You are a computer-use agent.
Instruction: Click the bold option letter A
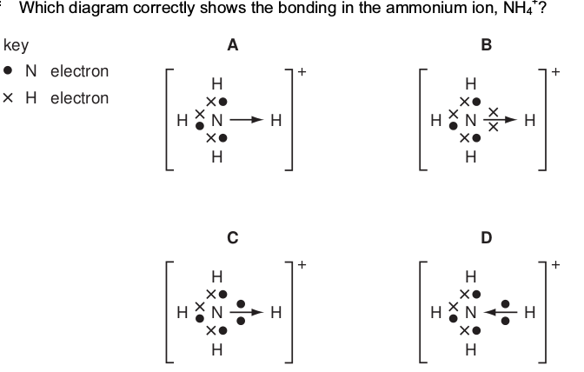[x=233, y=45]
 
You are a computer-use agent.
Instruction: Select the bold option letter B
[x=487, y=45]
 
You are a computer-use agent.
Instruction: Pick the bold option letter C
[x=233, y=237]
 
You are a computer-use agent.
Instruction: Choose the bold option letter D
[x=487, y=237]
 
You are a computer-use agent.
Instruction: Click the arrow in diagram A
[x=247, y=120]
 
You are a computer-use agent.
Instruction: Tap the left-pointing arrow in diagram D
[x=501, y=312]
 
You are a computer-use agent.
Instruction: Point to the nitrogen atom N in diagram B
[x=471, y=120]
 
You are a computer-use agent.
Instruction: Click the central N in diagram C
[x=217, y=312]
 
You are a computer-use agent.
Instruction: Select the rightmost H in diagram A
[x=276, y=120]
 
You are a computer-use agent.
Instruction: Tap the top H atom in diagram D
[x=471, y=276]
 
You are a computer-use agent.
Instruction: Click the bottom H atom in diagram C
[x=217, y=349]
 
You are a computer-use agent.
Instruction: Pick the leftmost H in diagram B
[x=435, y=120]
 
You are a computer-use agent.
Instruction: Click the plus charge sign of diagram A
[x=302, y=71]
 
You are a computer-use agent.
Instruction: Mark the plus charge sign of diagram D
[x=555, y=265]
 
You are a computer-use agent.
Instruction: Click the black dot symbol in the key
[x=8, y=70]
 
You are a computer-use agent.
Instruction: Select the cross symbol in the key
[x=8, y=98]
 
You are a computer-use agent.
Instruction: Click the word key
[x=16, y=45]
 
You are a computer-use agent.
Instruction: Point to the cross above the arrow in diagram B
[x=493, y=112]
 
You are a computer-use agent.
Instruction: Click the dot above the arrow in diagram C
[x=241, y=304]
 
